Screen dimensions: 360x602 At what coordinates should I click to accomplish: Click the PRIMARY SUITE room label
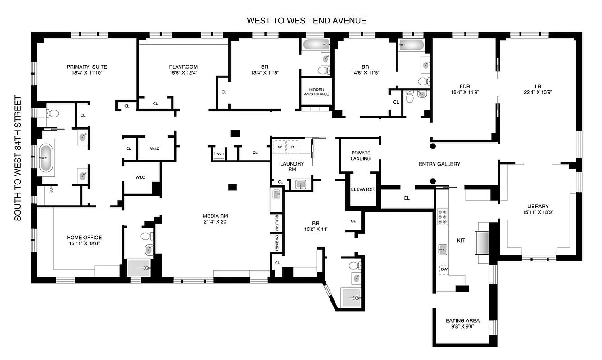tap(86, 67)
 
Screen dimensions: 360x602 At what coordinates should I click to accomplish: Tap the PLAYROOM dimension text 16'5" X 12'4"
tap(183, 73)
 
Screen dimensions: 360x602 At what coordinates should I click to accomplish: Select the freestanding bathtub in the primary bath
tap(46, 158)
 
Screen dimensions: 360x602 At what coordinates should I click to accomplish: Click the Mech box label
tap(219, 154)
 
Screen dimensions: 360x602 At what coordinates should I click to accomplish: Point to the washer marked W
tap(280, 147)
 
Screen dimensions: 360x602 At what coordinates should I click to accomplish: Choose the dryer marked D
tap(293, 147)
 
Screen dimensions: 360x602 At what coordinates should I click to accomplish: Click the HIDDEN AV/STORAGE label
tap(316, 92)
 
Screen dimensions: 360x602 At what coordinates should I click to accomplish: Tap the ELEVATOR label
tap(362, 189)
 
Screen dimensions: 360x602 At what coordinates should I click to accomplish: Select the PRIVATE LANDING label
tap(361, 156)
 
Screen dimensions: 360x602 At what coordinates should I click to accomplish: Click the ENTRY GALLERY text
tap(439, 164)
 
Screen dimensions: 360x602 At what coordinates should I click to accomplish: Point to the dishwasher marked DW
tap(444, 269)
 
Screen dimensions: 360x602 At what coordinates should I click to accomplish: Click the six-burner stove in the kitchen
tap(442, 217)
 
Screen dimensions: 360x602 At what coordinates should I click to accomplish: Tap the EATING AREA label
tap(462, 321)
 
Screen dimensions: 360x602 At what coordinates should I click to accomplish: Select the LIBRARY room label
tap(536, 207)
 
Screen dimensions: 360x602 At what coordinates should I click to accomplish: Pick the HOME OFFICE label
tap(84, 238)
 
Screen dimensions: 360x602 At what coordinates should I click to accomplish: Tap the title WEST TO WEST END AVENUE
tap(306, 21)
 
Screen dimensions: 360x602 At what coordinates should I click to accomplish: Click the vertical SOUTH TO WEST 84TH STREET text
tap(18, 158)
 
